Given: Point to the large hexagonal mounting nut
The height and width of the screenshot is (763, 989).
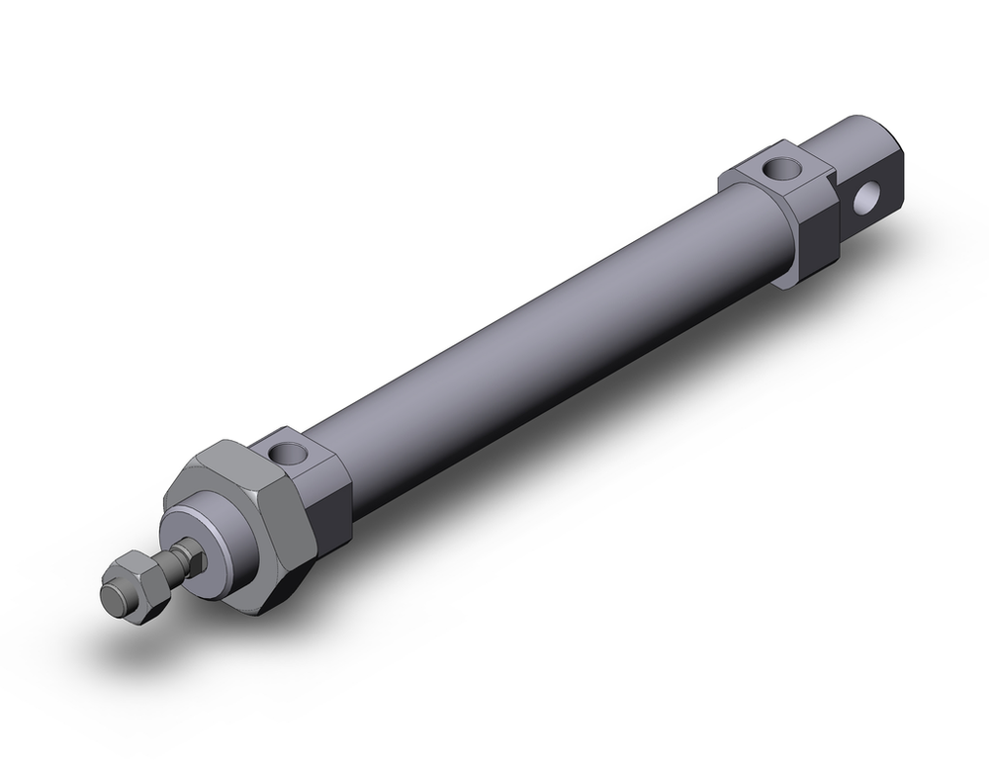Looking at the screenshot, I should (x=252, y=514).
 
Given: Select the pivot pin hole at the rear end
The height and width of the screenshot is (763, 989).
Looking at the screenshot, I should (x=867, y=198).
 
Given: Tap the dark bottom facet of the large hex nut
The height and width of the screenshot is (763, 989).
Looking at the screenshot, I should (x=282, y=593).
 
